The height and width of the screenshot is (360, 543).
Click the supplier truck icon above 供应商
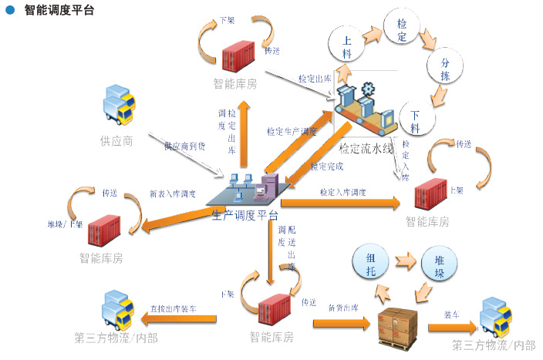[x=118, y=106]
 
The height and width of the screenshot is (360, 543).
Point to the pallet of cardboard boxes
[x=399, y=324]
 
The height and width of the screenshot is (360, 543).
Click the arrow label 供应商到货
[x=184, y=145]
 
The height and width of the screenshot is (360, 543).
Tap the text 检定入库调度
[x=342, y=191]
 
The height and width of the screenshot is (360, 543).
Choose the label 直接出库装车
[x=173, y=308]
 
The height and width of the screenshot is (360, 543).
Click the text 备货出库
[x=342, y=307]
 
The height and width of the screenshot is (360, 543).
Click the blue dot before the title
[x=10, y=11]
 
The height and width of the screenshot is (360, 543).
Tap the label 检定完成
[x=327, y=166]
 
